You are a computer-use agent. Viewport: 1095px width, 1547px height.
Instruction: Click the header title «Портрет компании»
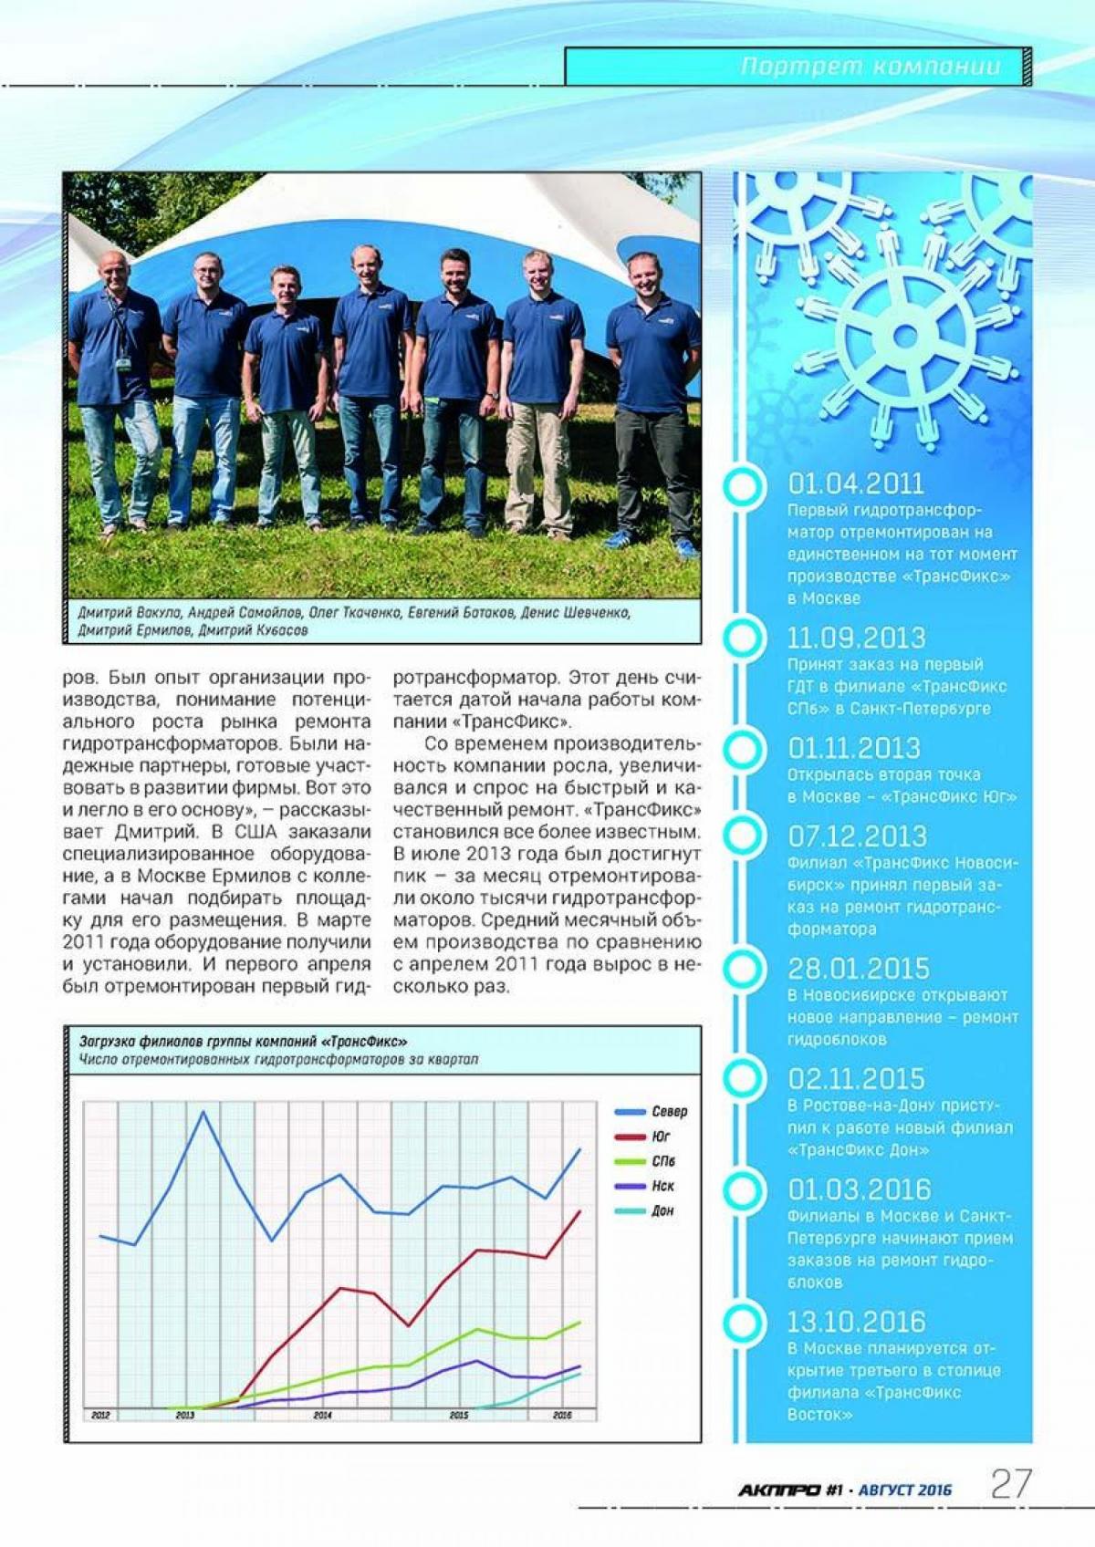[x=871, y=67]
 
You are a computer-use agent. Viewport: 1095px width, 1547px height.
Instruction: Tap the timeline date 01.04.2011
[x=855, y=483]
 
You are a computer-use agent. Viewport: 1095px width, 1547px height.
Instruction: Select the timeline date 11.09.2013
[x=856, y=638]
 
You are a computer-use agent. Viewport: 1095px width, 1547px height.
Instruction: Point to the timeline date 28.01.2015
[x=858, y=968]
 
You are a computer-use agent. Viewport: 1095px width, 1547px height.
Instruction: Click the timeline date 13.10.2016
[x=856, y=1322]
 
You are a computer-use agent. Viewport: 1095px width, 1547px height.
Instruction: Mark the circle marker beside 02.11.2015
[x=744, y=1079]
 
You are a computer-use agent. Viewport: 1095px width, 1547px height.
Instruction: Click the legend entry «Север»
[x=669, y=1112]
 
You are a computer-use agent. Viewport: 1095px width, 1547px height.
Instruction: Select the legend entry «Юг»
[x=661, y=1137]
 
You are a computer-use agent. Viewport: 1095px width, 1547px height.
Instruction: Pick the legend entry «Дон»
[x=662, y=1210]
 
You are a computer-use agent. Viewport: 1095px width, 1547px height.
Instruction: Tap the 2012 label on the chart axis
[x=100, y=1415]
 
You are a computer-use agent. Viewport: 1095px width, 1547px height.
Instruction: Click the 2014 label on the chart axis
[x=322, y=1415]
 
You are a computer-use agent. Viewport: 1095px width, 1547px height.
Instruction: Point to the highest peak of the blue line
[x=203, y=1112]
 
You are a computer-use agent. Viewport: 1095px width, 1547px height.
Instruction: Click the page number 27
[x=1010, y=1484]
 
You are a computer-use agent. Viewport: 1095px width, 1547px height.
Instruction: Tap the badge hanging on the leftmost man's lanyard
[x=123, y=362]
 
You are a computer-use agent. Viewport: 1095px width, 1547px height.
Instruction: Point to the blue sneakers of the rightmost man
[x=685, y=547]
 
